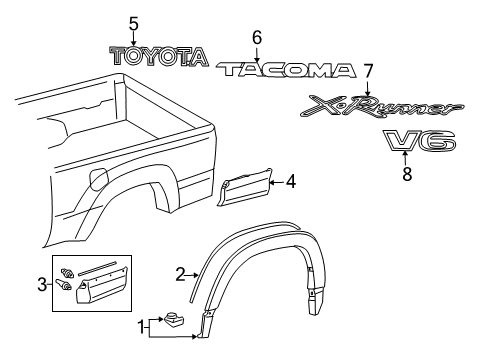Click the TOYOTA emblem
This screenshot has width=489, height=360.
click(159, 57)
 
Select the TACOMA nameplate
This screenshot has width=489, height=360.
click(288, 69)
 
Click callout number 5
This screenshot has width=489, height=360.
click(133, 22)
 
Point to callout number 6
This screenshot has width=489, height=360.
click(257, 37)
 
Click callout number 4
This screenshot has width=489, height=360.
click(291, 181)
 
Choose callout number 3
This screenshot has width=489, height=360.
click(42, 285)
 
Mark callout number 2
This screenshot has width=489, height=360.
click(181, 272)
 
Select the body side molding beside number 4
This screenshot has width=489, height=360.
click(245, 188)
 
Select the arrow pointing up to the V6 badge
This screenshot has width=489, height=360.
click(405, 157)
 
